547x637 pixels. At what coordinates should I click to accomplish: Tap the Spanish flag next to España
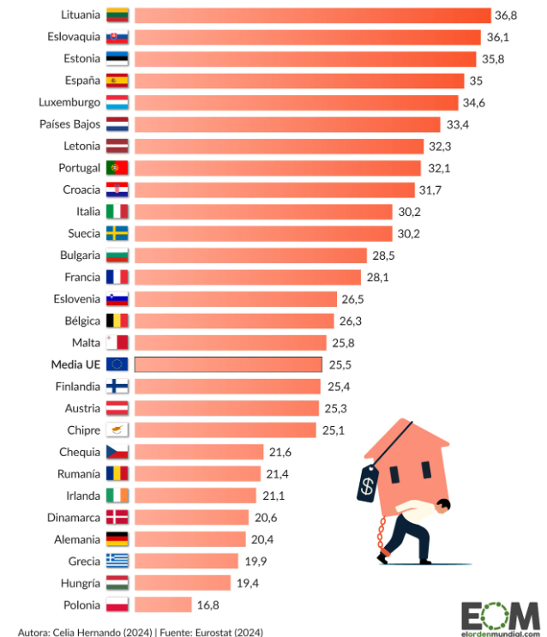click(117, 81)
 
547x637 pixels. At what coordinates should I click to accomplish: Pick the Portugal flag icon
click(117, 168)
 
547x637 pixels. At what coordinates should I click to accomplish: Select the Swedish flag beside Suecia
click(117, 233)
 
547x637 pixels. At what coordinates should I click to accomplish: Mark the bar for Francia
click(248, 277)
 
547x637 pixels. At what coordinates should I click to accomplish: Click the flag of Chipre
click(117, 430)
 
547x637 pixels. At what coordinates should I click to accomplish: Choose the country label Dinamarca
click(69, 517)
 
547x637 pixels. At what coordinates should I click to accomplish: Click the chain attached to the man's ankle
click(379, 540)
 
